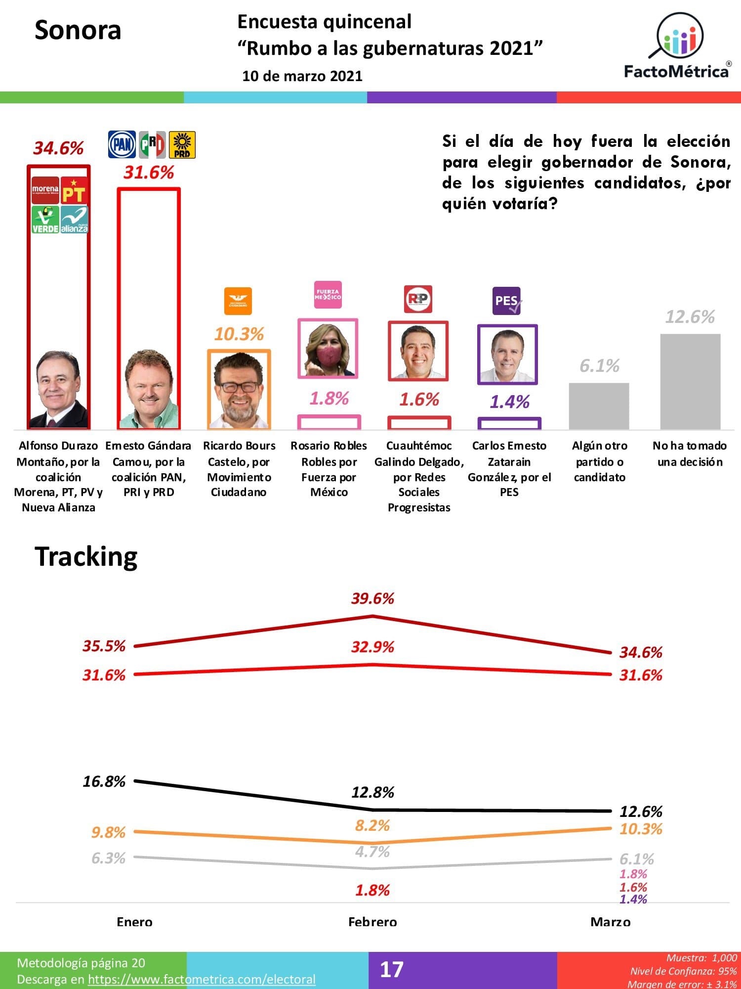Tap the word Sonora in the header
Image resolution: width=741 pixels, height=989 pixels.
[x=78, y=30]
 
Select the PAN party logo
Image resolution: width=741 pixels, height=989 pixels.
[x=122, y=144]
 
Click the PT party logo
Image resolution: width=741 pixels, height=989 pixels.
[x=74, y=191]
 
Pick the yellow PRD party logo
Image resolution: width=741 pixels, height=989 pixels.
[x=182, y=144]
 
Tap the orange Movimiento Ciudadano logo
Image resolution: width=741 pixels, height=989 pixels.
[x=238, y=301]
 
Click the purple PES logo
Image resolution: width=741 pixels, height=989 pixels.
[x=506, y=301]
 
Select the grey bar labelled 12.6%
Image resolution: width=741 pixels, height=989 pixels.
[x=690, y=381]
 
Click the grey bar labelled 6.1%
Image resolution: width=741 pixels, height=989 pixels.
[x=599, y=406]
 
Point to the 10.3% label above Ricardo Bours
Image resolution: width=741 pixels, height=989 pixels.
[x=239, y=334]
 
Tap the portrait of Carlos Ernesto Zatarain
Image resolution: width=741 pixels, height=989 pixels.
[x=507, y=354]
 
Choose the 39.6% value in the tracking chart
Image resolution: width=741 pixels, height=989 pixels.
[x=372, y=599]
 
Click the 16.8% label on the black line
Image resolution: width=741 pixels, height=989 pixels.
[x=104, y=781]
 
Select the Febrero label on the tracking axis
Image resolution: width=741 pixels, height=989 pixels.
[x=372, y=922]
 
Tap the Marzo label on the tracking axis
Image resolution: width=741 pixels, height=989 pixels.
[x=611, y=922]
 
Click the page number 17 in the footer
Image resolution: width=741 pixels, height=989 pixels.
[x=391, y=969]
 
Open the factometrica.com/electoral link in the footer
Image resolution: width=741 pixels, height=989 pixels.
[x=202, y=979]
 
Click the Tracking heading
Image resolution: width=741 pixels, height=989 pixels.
[x=86, y=557]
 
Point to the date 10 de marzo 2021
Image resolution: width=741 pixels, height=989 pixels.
[x=302, y=76]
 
